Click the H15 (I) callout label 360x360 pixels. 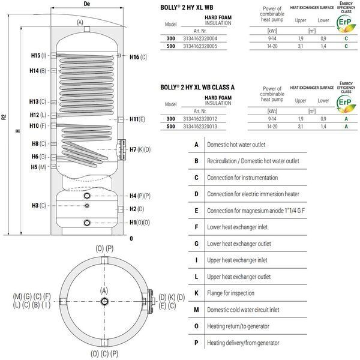coord(39,56)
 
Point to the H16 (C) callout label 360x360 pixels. coord(138,57)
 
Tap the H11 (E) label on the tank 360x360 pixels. coord(137,119)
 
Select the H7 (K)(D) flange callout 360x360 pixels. coord(140,149)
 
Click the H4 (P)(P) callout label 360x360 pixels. coord(140,196)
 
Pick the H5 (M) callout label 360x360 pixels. coord(38,167)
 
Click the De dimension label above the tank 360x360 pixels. coord(87,4)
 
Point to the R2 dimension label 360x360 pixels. coord(4,117)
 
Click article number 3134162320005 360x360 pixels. coord(200,46)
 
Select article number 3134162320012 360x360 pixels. coord(200,119)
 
